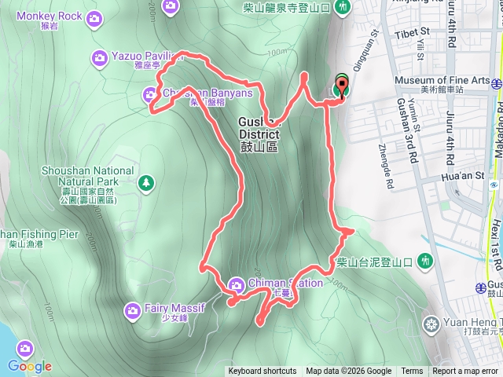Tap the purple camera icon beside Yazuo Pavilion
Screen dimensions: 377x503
pyautogui.click(x=100, y=57)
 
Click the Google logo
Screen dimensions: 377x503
pyautogui.click(x=30, y=365)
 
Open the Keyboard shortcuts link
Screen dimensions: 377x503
pyautogui.click(x=263, y=372)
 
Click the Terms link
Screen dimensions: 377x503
pyautogui.click(x=412, y=372)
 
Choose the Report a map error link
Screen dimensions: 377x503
pyautogui.click(x=465, y=372)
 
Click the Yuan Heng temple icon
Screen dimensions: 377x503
pyautogui.click(x=431, y=323)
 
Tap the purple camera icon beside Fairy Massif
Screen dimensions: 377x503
pyautogui.click(x=132, y=309)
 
